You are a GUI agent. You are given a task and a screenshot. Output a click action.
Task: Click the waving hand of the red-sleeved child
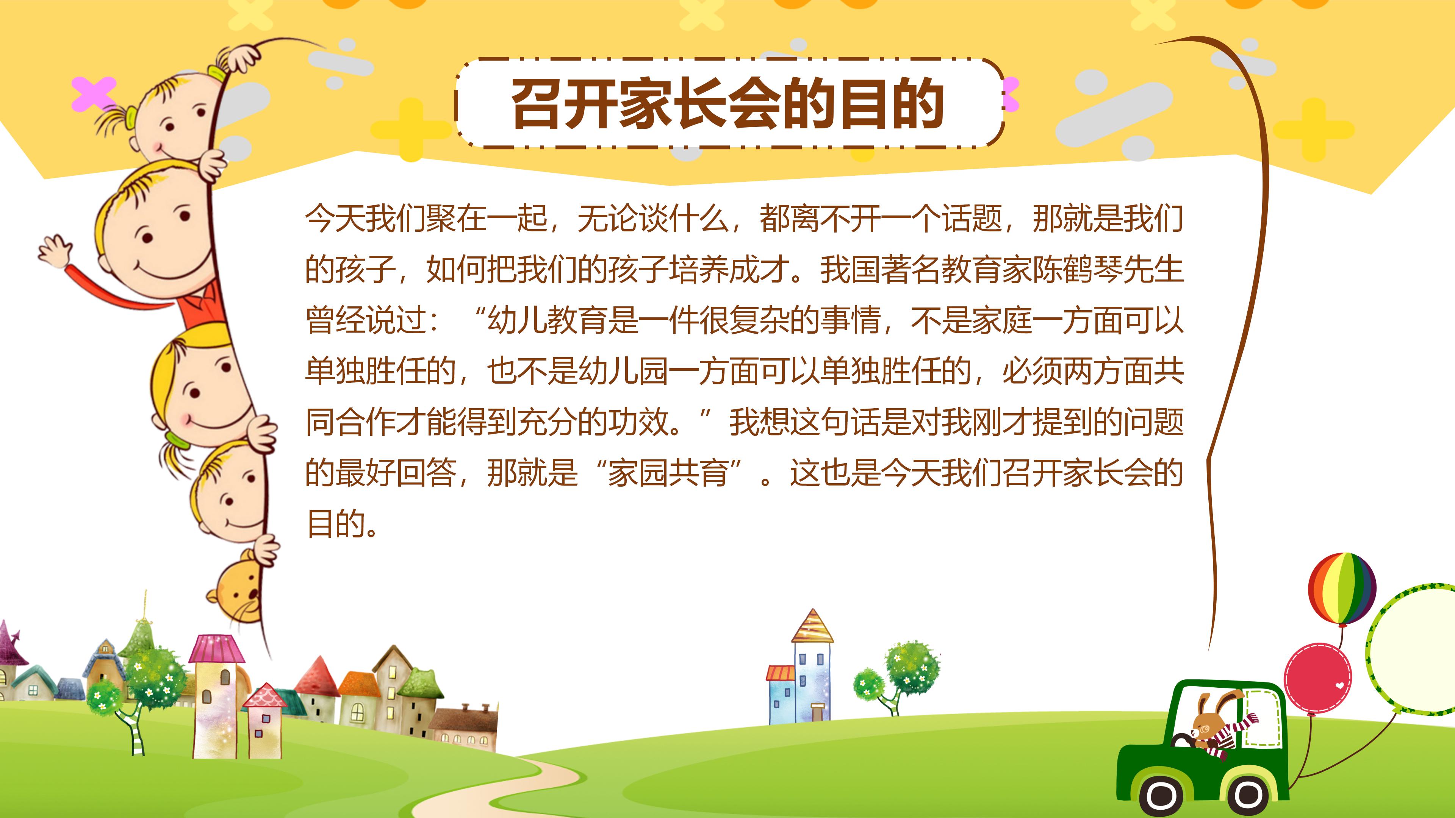(55, 251)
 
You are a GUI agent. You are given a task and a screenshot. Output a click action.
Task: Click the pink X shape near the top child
(93, 94)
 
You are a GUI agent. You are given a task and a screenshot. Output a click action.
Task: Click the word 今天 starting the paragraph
(335, 219)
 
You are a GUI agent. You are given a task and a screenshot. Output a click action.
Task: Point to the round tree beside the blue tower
(911, 669)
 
